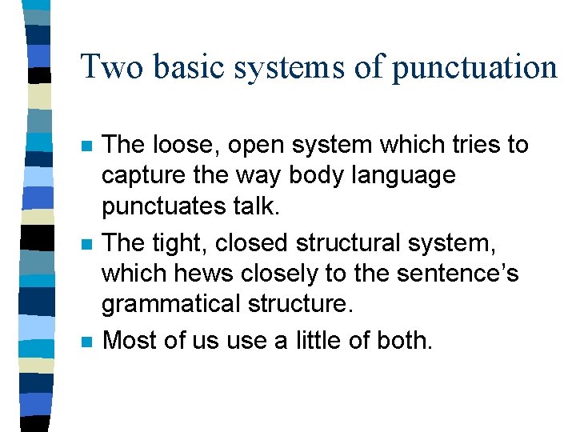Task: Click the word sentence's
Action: [x=462, y=274]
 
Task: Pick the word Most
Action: [x=133, y=340]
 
